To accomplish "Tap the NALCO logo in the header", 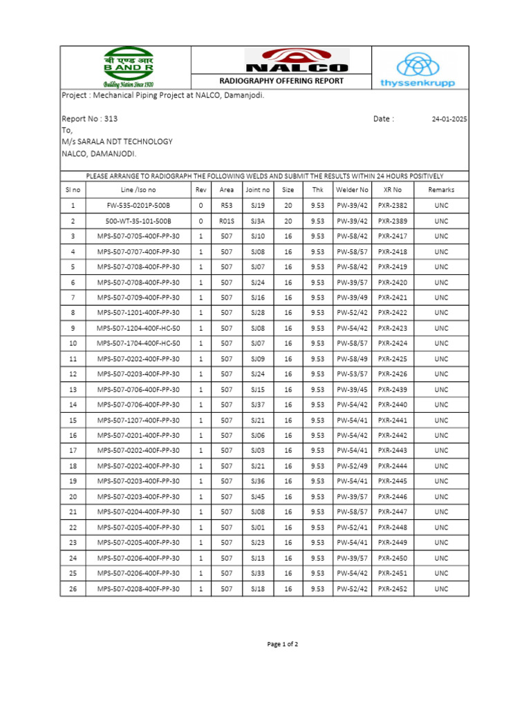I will (x=297, y=60).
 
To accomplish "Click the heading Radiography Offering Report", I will (x=281, y=81).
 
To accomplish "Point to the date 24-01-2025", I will (x=449, y=119).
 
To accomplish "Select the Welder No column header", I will (x=352, y=190).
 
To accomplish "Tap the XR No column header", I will (x=392, y=190).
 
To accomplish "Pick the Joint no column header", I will (x=257, y=190).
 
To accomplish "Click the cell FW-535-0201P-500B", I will (x=138, y=206).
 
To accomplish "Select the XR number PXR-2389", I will (x=393, y=221).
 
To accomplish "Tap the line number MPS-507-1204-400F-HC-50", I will (x=138, y=328).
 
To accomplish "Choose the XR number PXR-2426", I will (x=393, y=374).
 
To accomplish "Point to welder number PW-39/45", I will (x=352, y=389).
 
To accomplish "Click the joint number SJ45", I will (x=257, y=497).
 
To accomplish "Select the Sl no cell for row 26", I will (x=73, y=589).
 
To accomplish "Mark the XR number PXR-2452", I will (x=393, y=589).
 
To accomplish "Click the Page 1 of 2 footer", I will (x=283, y=644).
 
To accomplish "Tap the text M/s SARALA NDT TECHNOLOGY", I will (x=117, y=142).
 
